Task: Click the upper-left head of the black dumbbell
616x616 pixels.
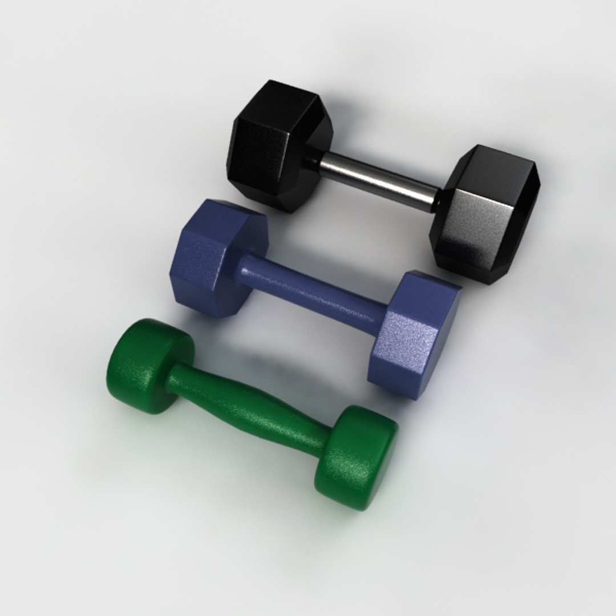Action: pyautogui.click(x=279, y=145)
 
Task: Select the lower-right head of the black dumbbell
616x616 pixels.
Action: pyautogui.click(x=485, y=214)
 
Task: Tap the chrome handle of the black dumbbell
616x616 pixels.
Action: pyautogui.click(x=376, y=180)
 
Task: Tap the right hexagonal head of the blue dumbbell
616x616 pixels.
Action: pyautogui.click(x=414, y=337)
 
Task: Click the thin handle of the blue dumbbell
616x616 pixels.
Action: pyautogui.click(x=314, y=291)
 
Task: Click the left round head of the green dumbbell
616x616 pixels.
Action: pyautogui.click(x=148, y=365)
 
